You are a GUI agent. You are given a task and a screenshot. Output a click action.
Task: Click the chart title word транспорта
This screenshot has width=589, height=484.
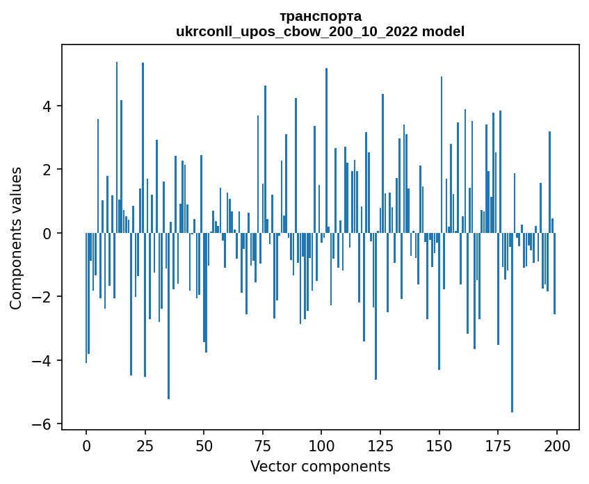[320, 16]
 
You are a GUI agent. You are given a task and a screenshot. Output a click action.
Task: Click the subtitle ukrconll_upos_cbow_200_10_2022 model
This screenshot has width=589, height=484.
[320, 31]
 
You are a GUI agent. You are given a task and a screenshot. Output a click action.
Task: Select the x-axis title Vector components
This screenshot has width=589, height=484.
[320, 466]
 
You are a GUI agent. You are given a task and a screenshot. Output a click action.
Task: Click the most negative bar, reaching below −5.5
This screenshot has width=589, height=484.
[512, 327]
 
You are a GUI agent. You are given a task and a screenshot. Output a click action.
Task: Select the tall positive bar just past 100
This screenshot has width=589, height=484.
[326, 153]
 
